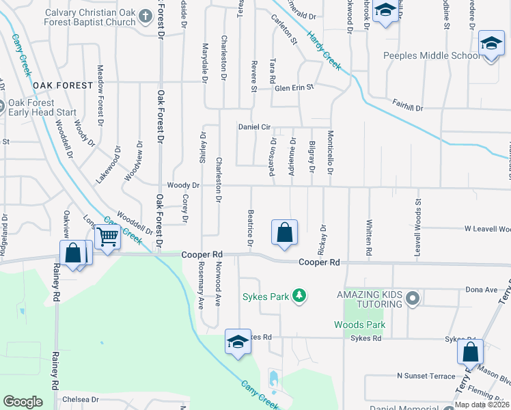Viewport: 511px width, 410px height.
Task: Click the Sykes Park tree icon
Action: pyautogui.click(x=298, y=295)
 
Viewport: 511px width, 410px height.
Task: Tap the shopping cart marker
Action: pyautogui.click(x=108, y=237)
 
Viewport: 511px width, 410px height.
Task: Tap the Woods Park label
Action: pyautogui.click(x=359, y=325)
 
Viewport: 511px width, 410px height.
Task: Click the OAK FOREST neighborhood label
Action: pyautogui.click(x=62, y=85)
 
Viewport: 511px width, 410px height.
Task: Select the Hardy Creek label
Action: pyautogui.click(x=323, y=50)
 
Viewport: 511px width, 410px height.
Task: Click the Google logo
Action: pyautogui.click(x=23, y=402)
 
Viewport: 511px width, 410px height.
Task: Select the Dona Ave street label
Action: pyautogui.click(x=482, y=290)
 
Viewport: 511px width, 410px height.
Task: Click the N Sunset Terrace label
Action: pyautogui.click(x=426, y=376)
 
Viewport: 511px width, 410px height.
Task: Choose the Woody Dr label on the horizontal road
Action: pyautogui.click(x=183, y=185)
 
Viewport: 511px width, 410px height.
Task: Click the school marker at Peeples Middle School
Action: pyautogui.click(x=491, y=44)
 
